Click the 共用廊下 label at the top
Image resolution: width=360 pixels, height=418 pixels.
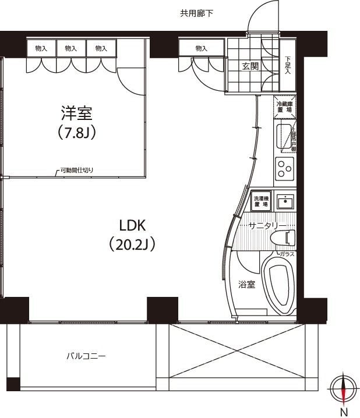point(196,13)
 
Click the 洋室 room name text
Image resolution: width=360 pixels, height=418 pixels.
point(77,112)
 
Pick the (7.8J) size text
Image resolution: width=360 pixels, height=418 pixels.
point(77,133)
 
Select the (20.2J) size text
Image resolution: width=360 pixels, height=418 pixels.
point(132,245)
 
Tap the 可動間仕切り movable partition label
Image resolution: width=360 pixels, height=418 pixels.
point(76,171)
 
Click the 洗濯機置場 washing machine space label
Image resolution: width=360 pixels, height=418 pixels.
point(260,201)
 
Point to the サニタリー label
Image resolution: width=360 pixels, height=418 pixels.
point(267,225)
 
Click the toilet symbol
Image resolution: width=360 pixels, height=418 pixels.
point(286,238)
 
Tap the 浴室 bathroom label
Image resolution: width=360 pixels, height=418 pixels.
point(246,285)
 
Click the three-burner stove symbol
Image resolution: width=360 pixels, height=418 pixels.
point(284,169)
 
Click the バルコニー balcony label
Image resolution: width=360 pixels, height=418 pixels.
point(85,356)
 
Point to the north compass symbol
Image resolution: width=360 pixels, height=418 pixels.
point(343,388)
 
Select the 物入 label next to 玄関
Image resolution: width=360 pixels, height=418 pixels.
point(202,48)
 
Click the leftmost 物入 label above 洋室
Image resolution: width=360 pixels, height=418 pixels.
point(41,48)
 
